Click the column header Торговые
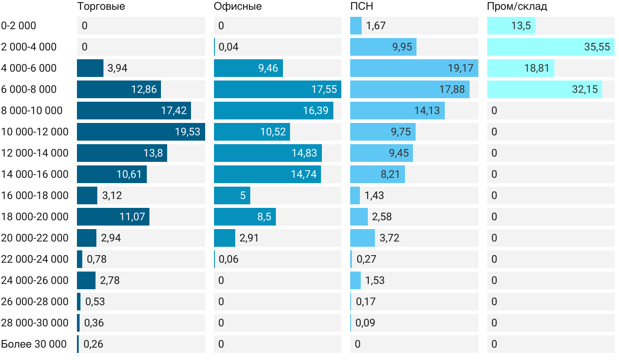click(x=101, y=7)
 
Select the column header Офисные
click(x=237, y=7)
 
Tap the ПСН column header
click(x=361, y=7)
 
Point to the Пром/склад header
click(x=517, y=7)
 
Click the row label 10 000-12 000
click(x=35, y=132)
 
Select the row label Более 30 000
click(x=34, y=344)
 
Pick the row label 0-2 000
click(x=19, y=26)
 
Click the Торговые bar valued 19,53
click(x=141, y=132)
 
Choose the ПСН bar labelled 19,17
click(x=414, y=68)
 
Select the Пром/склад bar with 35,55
click(x=550, y=47)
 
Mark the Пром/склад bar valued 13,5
click(x=511, y=26)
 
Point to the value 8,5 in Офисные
click(x=264, y=217)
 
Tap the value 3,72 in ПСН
click(x=390, y=238)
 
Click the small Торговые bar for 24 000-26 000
click(x=86, y=280)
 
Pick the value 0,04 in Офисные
click(x=229, y=47)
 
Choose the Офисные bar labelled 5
click(x=232, y=195)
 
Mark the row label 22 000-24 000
click(x=35, y=259)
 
